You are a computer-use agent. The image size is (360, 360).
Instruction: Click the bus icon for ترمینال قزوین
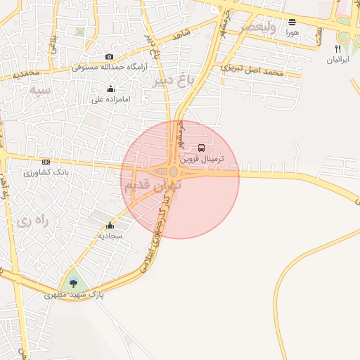202,148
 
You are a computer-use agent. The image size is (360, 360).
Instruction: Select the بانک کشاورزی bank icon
46,162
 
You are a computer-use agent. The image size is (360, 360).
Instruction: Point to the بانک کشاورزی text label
46,172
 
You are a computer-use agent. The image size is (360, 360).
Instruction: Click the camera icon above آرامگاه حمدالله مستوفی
109,57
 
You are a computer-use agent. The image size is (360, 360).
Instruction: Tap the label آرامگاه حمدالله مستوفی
108,68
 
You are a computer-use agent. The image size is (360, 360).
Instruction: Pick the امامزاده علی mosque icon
110,89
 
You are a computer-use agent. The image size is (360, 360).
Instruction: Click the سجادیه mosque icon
110,226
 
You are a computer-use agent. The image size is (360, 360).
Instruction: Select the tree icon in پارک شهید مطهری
74,283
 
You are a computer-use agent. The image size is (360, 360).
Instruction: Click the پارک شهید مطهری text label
74,295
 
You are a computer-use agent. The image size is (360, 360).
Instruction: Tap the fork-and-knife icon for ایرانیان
337,49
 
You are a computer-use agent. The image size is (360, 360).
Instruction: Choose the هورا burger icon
292,22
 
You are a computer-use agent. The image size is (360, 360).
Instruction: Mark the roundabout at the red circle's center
174,172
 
